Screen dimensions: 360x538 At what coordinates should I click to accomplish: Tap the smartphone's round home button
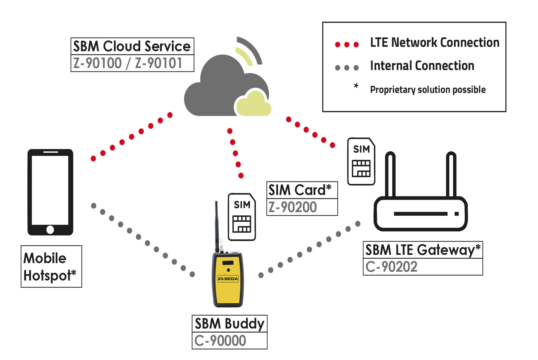[50, 230]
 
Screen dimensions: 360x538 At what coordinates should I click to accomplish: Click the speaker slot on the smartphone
[51, 152]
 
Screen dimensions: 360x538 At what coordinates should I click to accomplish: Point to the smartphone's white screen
[50, 190]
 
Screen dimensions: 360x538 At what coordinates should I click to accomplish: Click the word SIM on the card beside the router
[361, 149]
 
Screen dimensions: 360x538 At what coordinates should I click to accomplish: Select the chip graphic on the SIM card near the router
[361, 168]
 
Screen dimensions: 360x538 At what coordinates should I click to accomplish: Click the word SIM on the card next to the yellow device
[242, 205]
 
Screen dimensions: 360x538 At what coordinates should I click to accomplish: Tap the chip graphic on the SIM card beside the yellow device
[242, 224]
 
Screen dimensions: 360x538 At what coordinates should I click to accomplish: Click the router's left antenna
[390, 176]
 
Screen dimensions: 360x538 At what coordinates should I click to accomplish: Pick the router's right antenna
[451, 176]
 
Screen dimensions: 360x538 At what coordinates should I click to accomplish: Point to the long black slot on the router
[420, 214]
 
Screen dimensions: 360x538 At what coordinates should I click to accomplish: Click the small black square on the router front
[456, 214]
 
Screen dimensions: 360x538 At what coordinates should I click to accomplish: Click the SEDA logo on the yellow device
[228, 279]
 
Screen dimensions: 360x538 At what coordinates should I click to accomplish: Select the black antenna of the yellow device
[217, 226]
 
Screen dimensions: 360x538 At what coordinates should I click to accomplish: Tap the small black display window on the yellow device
[228, 263]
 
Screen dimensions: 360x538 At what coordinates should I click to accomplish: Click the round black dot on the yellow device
[228, 270]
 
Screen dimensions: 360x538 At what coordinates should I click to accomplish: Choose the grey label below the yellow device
[223, 340]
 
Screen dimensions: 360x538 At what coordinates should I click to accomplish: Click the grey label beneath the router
[394, 266]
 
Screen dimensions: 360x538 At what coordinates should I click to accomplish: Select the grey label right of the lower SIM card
[295, 207]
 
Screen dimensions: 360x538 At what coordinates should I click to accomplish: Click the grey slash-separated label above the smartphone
[129, 63]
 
